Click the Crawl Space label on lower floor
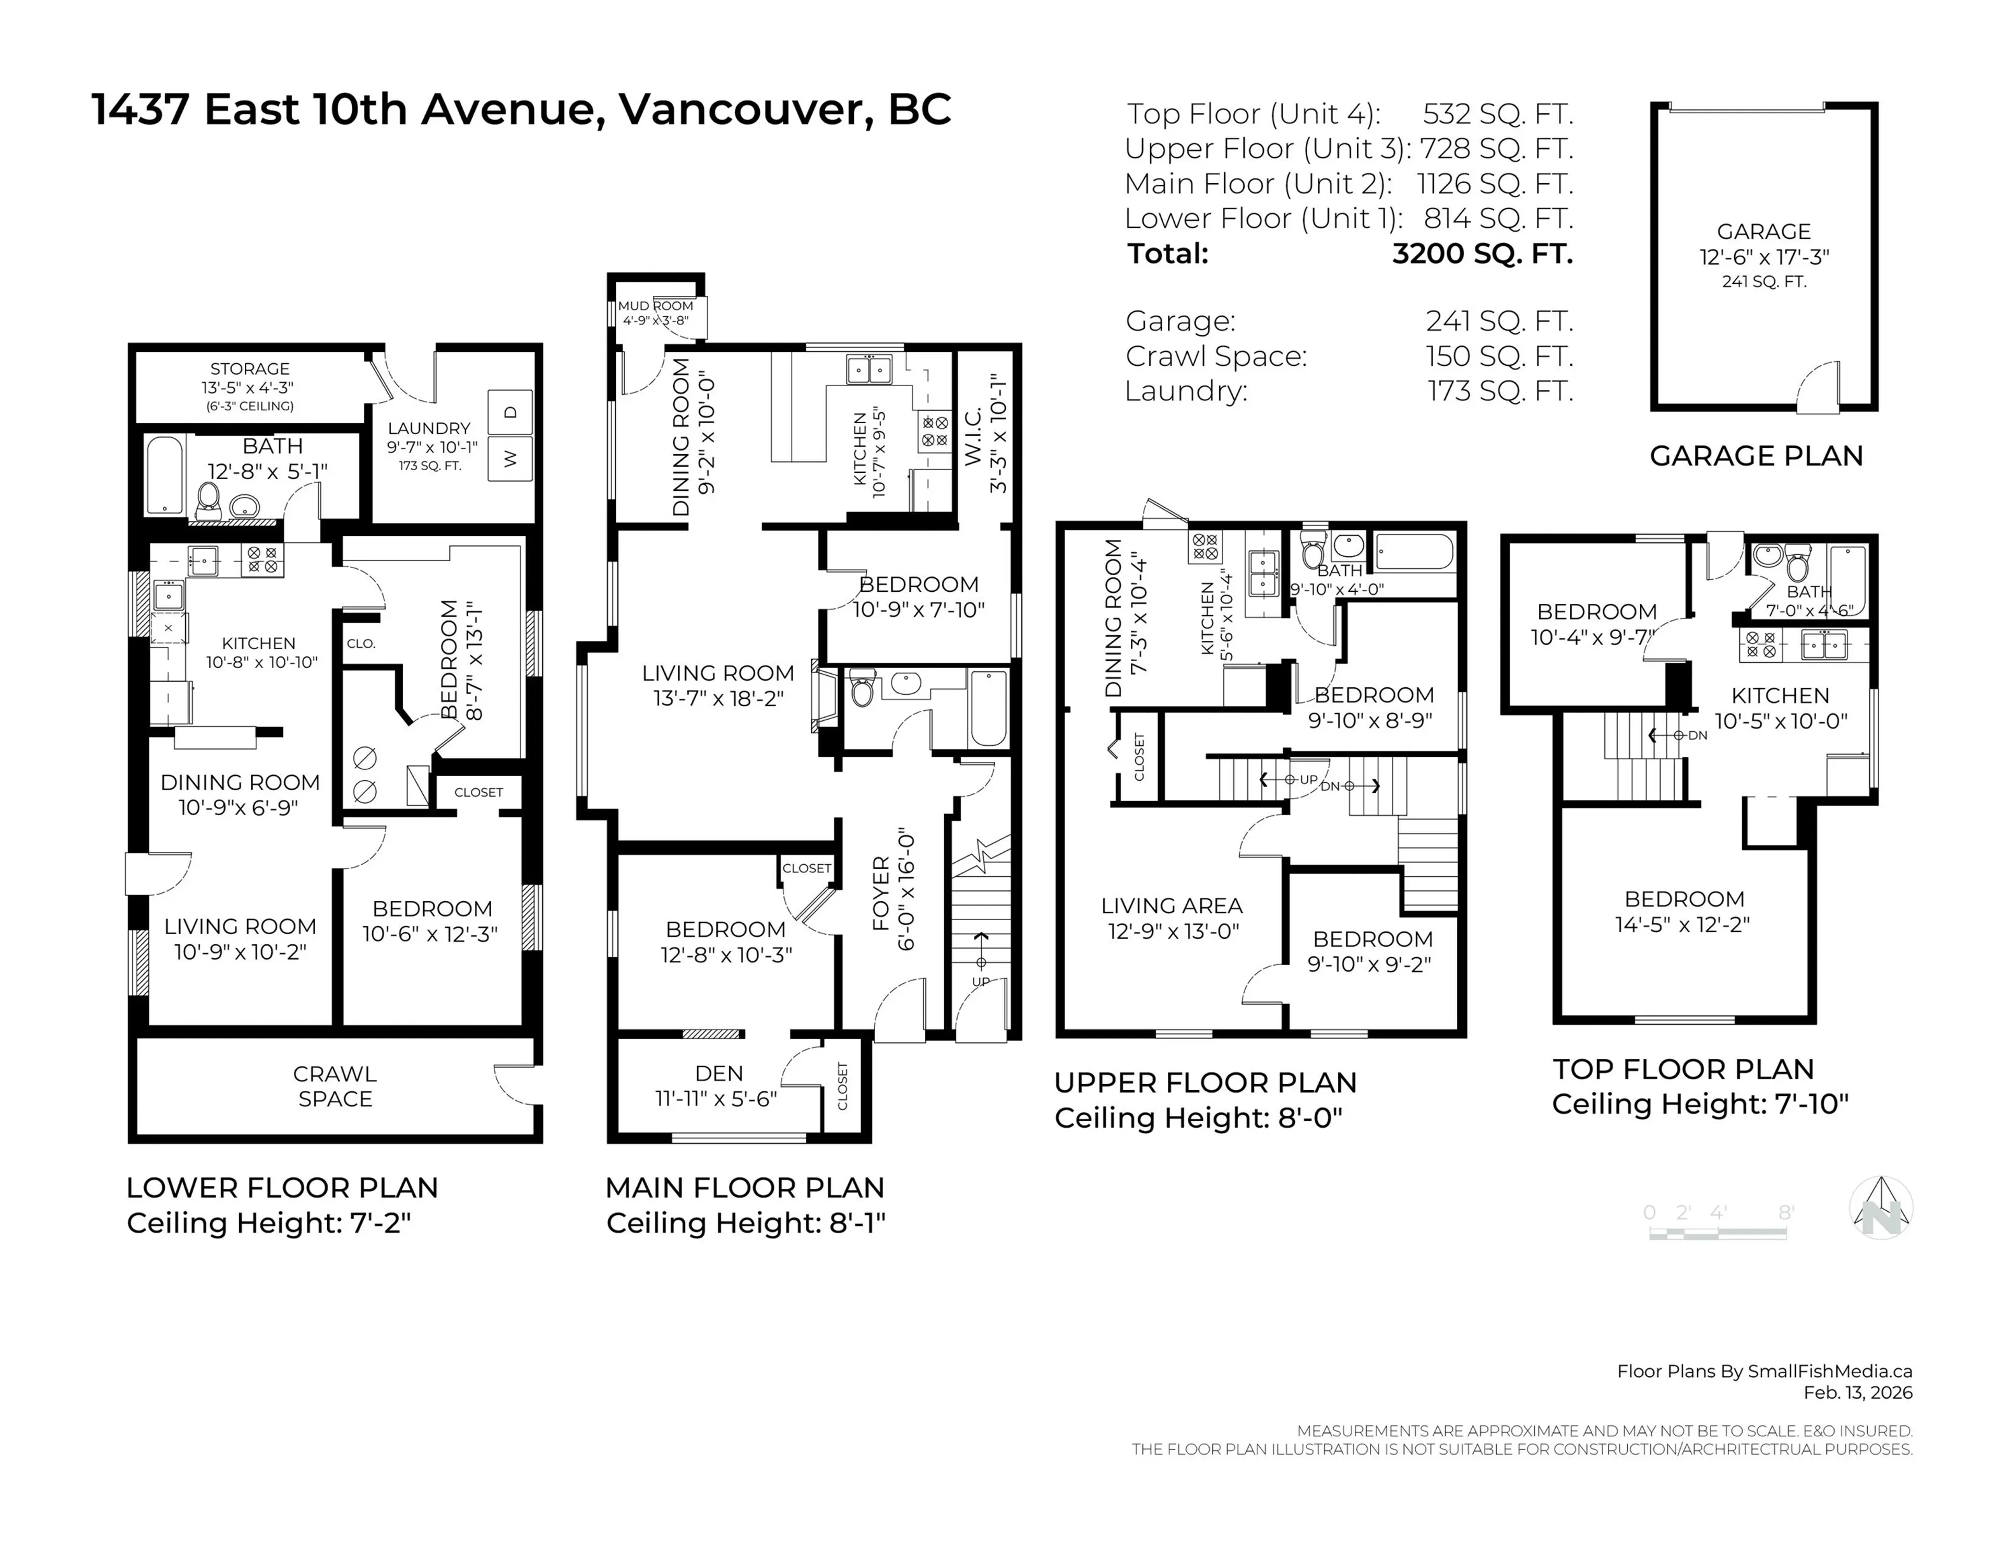(335, 1087)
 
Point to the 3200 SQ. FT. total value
(1482, 253)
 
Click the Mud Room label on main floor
(655, 306)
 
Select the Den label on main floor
(719, 1074)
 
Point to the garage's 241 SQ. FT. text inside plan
(1763, 282)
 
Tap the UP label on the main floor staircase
(981, 981)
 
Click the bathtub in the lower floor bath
(165, 474)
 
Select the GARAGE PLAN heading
(1756, 456)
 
